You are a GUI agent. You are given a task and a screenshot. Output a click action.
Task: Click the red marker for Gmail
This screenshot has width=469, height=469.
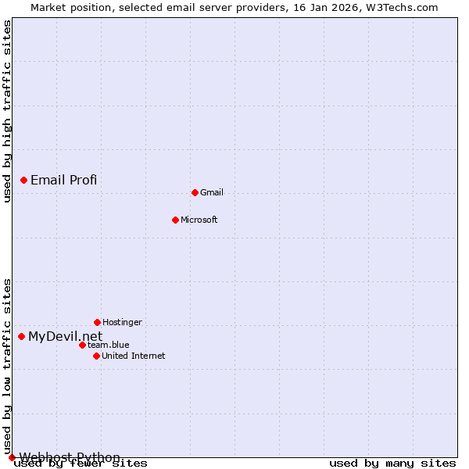pyautogui.click(x=195, y=192)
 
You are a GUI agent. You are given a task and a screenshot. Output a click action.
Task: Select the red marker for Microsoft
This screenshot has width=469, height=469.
pyautogui.click(x=175, y=220)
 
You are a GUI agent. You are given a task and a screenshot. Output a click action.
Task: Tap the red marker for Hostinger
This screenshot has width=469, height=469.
pyautogui.click(x=97, y=322)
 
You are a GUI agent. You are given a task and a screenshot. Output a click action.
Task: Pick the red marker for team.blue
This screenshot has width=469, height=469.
pyautogui.click(x=82, y=345)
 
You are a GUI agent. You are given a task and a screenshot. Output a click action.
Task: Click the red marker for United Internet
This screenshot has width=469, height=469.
pyautogui.click(x=96, y=356)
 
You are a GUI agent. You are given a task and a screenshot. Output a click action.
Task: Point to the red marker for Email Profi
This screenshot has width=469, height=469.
pyautogui.click(x=23, y=180)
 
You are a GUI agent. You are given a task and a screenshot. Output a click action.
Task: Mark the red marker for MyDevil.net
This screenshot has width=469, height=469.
pyautogui.click(x=21, y=336)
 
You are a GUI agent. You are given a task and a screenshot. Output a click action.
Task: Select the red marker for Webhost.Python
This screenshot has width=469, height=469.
pyautogui.click(x=12, y=457)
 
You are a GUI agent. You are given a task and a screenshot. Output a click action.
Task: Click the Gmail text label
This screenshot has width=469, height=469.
pyautogui.click(x=212, y=192)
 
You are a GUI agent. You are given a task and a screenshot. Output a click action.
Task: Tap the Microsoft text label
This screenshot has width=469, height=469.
pyautogui.click(x=199, y=220)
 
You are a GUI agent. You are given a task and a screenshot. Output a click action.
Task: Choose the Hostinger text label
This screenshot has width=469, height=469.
pyautogui.click(x=122, y=322)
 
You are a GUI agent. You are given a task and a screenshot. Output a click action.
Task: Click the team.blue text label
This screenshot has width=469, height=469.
pyautogui.click(x=109, y=345)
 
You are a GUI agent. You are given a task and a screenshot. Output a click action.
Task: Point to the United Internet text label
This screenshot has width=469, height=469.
pyautogui.click(x=134, y=356)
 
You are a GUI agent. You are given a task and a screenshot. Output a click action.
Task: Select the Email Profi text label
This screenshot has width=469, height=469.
pyautogui.click(x=64, y=180)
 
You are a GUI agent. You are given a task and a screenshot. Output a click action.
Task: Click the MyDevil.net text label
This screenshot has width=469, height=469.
pyautogui.click(x=66, y=337)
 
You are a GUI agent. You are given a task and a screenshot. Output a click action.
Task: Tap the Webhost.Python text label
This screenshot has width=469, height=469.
pyautogui.click(x=70, y=457)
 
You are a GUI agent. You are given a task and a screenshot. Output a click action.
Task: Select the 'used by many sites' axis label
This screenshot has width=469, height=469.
pyautogui.click(x=392, y=464)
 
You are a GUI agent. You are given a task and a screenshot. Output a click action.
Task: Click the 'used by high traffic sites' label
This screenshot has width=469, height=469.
pyautogui.click(x=7, y=112)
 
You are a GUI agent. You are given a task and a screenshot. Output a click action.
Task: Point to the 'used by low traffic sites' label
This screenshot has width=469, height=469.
pyautogui.click(x=7, y=366)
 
